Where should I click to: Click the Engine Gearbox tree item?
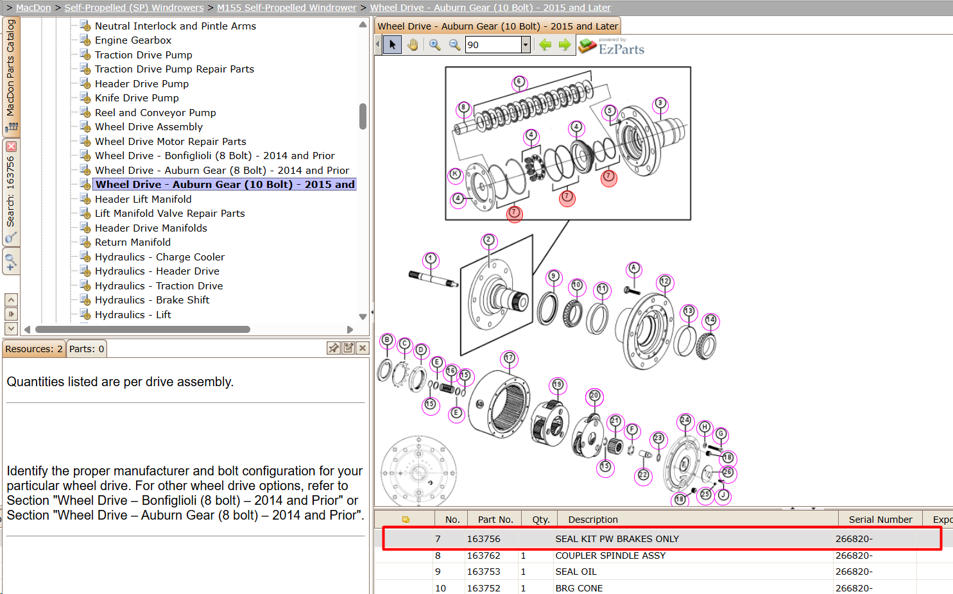133,40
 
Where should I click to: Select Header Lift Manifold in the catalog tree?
143,199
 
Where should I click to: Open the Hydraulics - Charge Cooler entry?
160,257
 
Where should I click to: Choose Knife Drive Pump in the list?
137,98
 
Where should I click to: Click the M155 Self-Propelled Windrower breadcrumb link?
287,8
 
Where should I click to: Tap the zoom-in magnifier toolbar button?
434,45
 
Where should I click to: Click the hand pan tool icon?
412,45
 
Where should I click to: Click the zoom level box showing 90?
494,45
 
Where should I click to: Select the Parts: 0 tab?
87,349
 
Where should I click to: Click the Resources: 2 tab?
34,349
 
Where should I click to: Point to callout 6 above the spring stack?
519,81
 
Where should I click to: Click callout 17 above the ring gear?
509,358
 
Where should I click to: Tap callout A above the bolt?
633,268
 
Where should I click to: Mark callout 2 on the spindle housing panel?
488,241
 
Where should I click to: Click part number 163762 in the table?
483,556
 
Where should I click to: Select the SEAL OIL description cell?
576,572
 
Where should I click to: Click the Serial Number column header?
880,519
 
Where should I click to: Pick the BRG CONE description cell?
579,588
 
